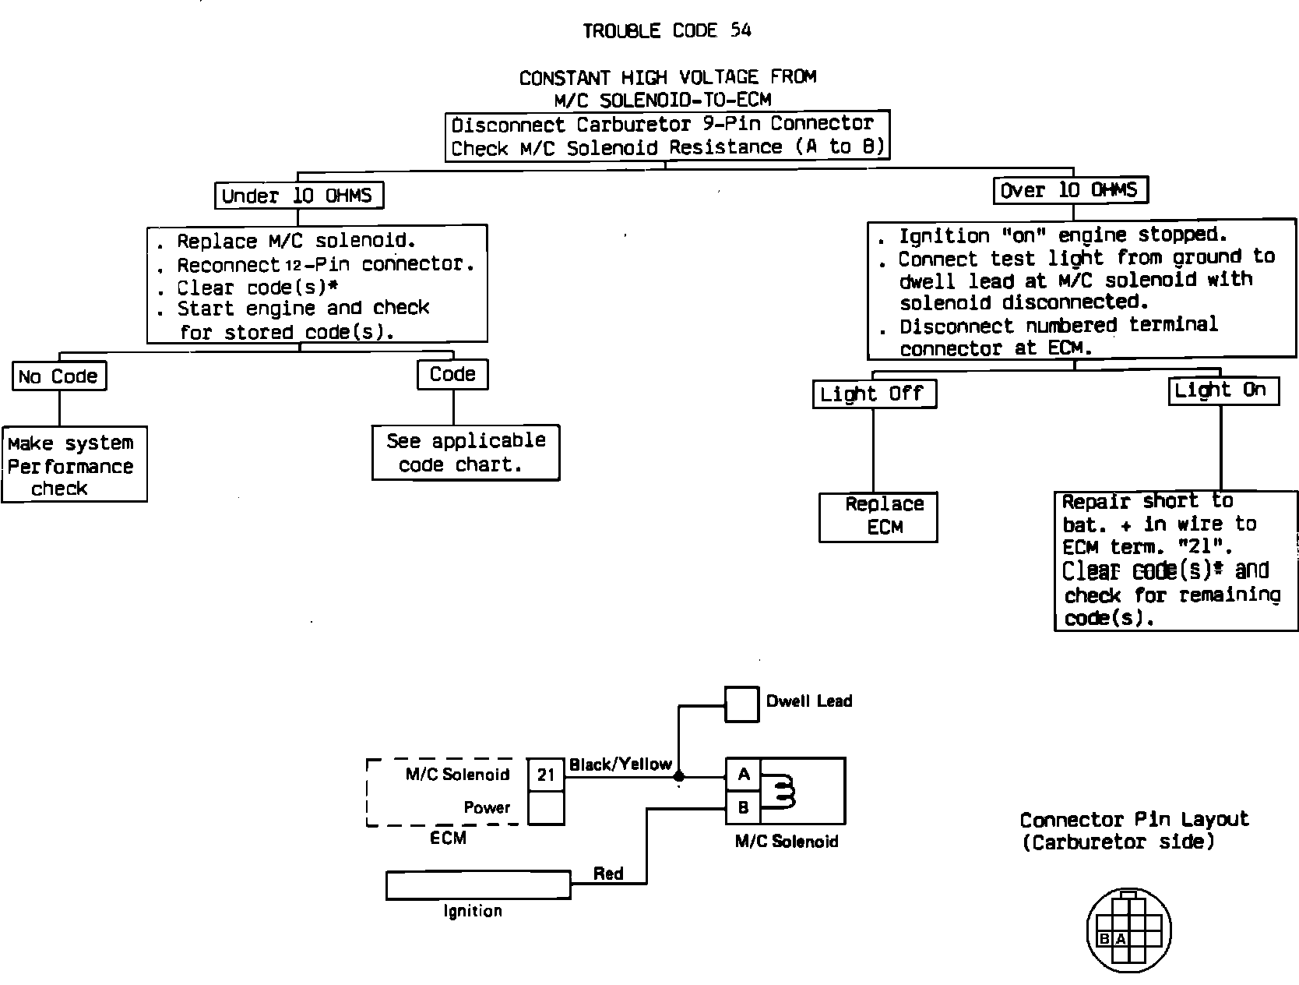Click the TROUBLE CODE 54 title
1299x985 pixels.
click(x=667, y=30)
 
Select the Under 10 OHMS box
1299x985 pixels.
click(x=299, y=195)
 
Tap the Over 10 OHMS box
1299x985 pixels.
click(x=1070, y=190)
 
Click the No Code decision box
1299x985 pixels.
click(x=59, y=376)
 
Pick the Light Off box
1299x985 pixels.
click(x=873, y=394)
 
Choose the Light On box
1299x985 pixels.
click(x=1223, y=390)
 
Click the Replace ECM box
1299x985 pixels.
click(x=878, y=516)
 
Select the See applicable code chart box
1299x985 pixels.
click(x=466, y=453)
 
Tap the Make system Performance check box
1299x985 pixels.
click(x=74, y=464)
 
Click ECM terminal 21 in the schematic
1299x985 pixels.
click(x=546, y=775)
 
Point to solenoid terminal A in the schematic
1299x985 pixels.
click(x=744, y=775)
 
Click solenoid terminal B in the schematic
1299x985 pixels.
click(x=744, y=808)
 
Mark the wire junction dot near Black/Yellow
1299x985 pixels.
click(x=679, y=776)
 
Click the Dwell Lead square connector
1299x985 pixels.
click(x=742, y=704)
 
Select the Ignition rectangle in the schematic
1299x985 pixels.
click(x=478, y=885)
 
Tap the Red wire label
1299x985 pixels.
click(x=607, y=874)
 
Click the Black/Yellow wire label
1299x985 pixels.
click(x=620, y=764)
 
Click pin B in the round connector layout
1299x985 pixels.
click(x=1104, y=940)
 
